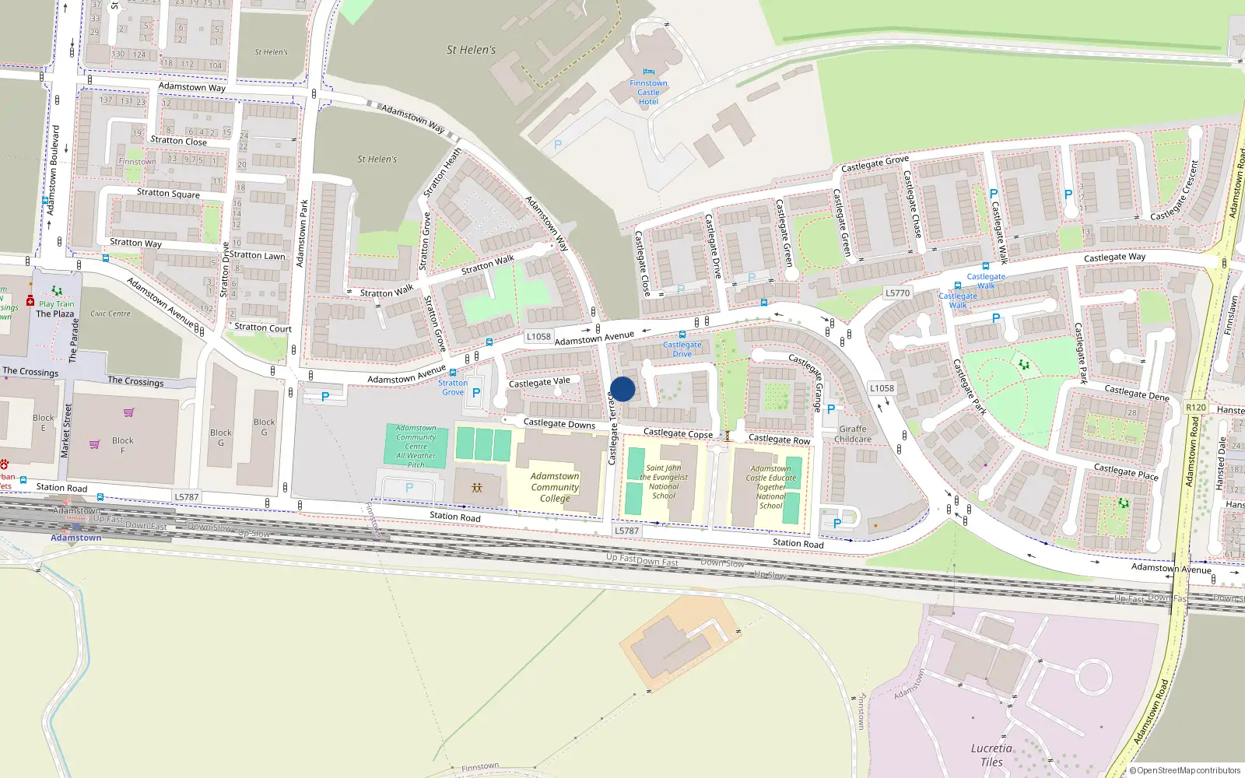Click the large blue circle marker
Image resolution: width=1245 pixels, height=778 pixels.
click(622, 389)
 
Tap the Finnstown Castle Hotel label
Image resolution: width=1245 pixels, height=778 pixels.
click(648, 93)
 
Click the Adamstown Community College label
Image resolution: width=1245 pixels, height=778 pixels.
click(555, 487)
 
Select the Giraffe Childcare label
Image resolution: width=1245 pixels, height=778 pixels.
click(853, 434)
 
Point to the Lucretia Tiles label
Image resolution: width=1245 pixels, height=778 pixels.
click(991, 755)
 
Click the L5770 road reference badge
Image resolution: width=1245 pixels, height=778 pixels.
click(897, 293)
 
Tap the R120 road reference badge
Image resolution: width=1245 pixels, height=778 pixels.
click(1196, 407)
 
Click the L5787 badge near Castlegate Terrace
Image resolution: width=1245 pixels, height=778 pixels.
click(626, 531)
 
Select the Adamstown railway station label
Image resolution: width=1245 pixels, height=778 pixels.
click(76, 538)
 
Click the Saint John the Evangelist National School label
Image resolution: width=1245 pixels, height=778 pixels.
click(664, 482)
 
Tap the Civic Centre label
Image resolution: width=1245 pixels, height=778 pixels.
click(110, 314)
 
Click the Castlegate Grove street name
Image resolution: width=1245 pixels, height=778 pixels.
click(875, 164)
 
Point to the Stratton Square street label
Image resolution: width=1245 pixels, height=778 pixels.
click(168, 193)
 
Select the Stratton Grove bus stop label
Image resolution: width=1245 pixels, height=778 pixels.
click(453, 387)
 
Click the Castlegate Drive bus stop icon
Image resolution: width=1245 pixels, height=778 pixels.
click(682, 335)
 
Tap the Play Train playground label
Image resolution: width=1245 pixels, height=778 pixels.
click(57, 304)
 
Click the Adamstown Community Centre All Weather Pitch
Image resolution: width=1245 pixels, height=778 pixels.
click(416, 446)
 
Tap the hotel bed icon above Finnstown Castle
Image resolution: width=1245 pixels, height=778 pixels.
click(648, 72)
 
